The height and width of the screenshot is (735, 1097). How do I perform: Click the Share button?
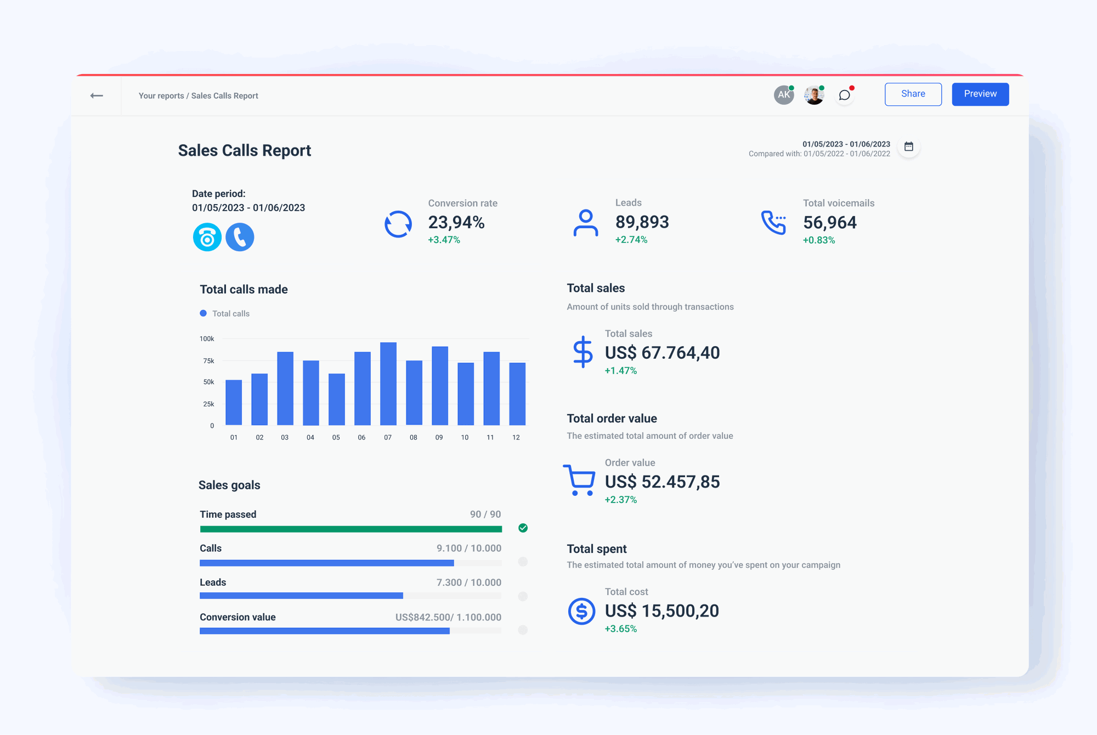click(x=913, y=94)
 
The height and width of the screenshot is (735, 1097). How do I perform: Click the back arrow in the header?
click(x=97, y=95)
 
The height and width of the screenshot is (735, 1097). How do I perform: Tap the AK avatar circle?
click(x=783, y=95)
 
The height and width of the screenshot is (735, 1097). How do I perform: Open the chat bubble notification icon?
click(x=844, y=95)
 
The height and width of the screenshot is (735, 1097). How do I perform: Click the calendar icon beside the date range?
click(x=908, y=146)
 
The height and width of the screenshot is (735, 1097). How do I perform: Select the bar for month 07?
click(x=388, y=383)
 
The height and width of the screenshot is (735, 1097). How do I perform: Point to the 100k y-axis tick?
click(x=207, y=339)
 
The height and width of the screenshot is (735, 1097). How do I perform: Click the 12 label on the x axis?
click(x=516, y=437)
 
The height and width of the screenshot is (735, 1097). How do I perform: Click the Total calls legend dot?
click(x=203, y=313)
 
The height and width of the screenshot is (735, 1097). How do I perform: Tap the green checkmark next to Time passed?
click(x=523, y=528)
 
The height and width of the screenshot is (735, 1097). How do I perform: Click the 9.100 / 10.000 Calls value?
click(x=468, y=548)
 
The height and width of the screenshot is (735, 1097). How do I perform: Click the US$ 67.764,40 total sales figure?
click(x=662, y=353)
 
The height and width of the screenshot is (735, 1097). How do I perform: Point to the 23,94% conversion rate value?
click(x=456, y=222)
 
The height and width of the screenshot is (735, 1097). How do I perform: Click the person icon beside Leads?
click(x=585, y=223)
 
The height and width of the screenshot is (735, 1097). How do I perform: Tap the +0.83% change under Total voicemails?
click(x=818, y=240)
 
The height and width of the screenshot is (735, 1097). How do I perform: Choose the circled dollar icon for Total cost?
click(x=581, y=611)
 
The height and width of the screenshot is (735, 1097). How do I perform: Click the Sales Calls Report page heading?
click(x=244, y=150)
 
